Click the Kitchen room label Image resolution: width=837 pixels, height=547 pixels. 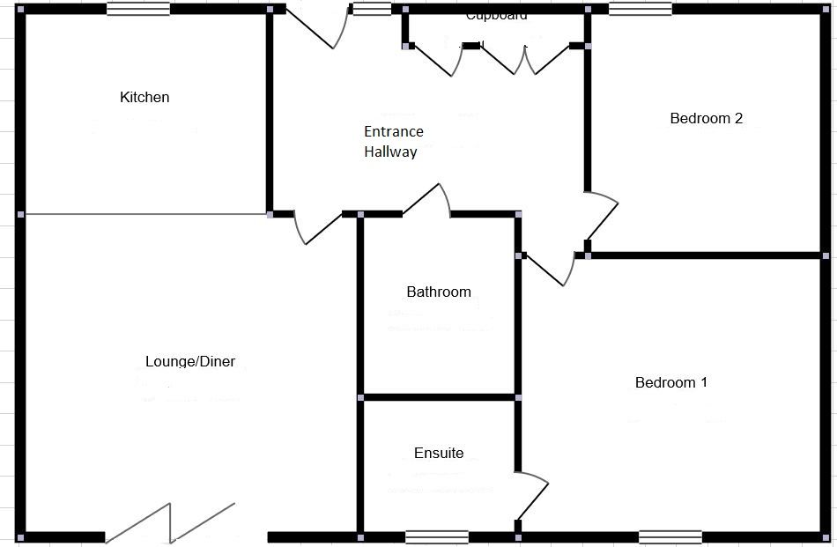(x=144, y=97)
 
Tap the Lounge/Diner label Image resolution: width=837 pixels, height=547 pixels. (x=190, y=361)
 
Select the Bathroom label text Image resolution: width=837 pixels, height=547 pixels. (x=439, y=292)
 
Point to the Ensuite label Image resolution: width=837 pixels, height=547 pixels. (x=439, y=454)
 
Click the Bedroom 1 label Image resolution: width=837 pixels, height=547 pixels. (x=671, y=382)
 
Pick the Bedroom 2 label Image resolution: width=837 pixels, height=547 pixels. (x=707, y=118)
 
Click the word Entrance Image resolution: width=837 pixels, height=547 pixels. (x=394, y=132)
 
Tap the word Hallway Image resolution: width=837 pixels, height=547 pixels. (x=390, y=152)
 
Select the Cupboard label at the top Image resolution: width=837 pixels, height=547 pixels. (x=496, y=15)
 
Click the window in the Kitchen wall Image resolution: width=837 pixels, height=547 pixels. (x=138, y=9)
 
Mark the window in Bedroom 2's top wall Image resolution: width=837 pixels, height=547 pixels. (x=640, y=9)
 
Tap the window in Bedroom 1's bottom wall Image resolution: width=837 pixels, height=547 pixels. (x=670, y=536)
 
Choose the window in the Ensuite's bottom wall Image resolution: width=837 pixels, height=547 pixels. (x=437, y=536)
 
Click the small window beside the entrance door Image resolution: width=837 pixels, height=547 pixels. (x=372, y=9)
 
